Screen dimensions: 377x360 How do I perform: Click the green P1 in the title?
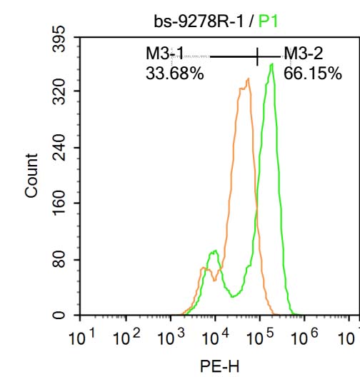(269, 21)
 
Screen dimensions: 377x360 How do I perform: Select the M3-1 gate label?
(165, 53)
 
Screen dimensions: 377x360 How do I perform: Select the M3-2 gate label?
(304, 53)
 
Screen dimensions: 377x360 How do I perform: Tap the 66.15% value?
(312, 73)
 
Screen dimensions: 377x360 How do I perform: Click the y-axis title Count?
(31, 175)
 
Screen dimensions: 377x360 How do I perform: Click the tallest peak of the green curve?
(271, 65)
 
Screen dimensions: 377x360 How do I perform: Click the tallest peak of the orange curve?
(247, 79)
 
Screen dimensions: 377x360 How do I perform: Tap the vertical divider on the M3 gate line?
(257, 56)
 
